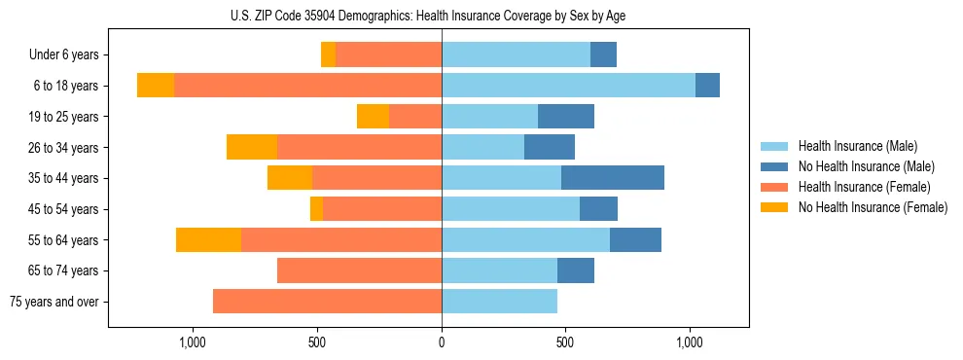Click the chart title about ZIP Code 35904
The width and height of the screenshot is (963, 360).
442,16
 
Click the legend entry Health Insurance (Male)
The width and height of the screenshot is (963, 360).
857,146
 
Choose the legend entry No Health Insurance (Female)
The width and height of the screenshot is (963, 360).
873,207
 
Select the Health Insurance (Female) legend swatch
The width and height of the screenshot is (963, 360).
775,187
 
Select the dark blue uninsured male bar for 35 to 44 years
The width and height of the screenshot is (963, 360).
613,178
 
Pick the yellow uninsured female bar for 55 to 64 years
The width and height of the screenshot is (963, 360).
208,239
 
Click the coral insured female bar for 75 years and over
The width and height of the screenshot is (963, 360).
327,302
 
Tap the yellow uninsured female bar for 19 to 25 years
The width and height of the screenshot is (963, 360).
373,117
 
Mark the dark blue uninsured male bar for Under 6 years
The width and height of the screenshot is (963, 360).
603,55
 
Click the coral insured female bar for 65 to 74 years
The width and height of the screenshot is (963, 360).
359,270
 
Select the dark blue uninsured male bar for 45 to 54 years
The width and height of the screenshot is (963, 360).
598,209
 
